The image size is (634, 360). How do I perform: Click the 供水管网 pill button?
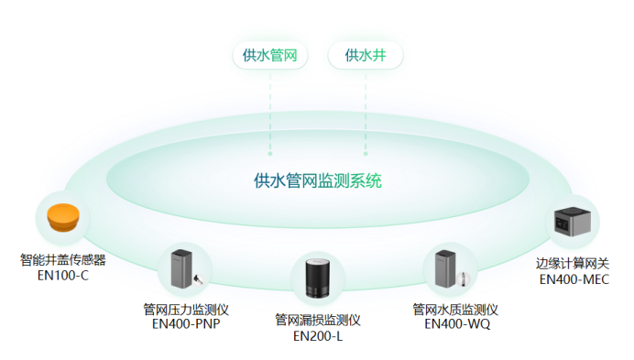coord(270,55)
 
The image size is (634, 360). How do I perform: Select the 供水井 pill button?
coord(365,55)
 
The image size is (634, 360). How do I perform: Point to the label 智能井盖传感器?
coord(63,260)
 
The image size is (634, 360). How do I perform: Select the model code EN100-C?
coord(63,275)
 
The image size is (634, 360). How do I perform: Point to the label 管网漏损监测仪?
coord(318,321)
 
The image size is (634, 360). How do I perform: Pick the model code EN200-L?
coord(318,336)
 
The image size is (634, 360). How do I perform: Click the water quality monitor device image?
coord(450,268)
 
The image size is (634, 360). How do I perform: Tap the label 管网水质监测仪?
coord(454,309)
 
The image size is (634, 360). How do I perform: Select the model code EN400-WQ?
coord(454,323)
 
